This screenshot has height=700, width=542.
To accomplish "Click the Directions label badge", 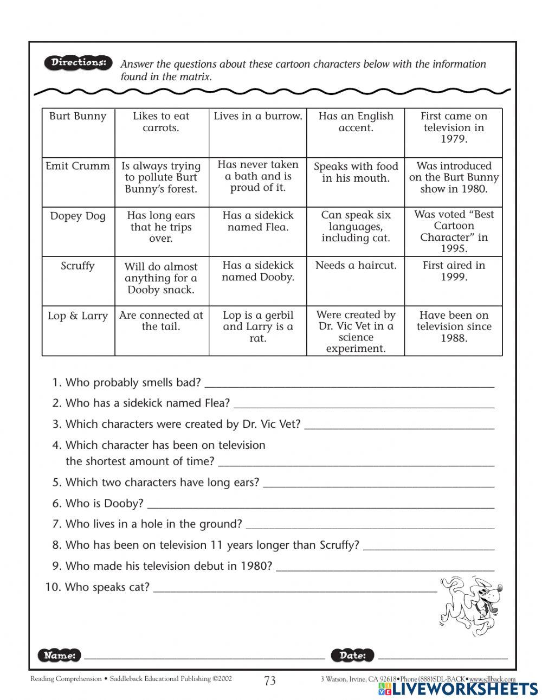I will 78,63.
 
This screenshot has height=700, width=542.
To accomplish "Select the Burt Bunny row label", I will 78,116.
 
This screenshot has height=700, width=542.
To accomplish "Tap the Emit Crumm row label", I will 78,166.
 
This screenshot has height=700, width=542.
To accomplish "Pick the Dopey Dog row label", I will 78,216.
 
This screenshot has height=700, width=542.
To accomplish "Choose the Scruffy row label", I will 78,266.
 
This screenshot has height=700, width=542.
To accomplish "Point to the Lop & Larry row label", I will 78,316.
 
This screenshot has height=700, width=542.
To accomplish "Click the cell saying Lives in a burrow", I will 258,116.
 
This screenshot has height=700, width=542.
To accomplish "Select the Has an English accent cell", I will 356,122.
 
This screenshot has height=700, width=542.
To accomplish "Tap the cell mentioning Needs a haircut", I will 356,265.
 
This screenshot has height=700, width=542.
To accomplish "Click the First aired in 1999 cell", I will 454,271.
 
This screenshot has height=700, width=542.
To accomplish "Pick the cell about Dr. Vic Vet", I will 356,331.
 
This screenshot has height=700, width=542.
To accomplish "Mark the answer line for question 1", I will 350,384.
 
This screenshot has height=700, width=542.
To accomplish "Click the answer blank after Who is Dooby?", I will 320,505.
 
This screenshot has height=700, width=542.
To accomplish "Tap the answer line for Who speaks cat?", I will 295,589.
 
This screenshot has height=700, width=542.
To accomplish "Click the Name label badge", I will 60,655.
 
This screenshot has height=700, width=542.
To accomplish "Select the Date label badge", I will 352,655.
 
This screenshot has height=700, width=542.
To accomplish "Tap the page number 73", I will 270,681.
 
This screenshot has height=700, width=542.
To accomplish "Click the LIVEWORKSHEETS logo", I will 457,689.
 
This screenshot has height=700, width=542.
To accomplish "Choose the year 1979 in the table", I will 454,139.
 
